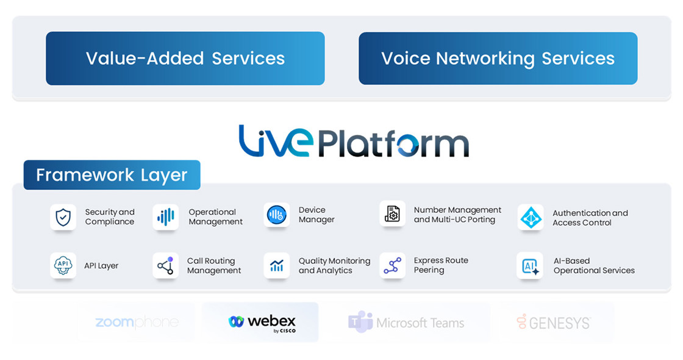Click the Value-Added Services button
click(x=185, y=59)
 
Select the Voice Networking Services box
click(x=498, y=59)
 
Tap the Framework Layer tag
click(x=112, y=175)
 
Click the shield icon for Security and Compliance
click(x=63, y=217)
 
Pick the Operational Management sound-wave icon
click(x=165, y=217)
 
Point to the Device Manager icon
click(x=276, y=215)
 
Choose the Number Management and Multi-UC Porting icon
click(x=392, y=214)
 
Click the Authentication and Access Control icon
click(x=530, y=217)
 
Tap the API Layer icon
click(x=63, y=265)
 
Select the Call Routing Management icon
click(x=165, y=265)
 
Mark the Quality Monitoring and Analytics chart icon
click(x=276, y=265)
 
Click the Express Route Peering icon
click(x=392, y=265)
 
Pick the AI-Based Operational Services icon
click(x=530, y=266)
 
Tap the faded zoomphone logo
click(x=137, y=322)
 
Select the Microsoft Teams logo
click(x=406, y=322)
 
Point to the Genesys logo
click(x=553, y=322)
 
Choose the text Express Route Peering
click(x=441, y=265)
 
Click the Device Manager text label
click(x=316, y=215)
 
